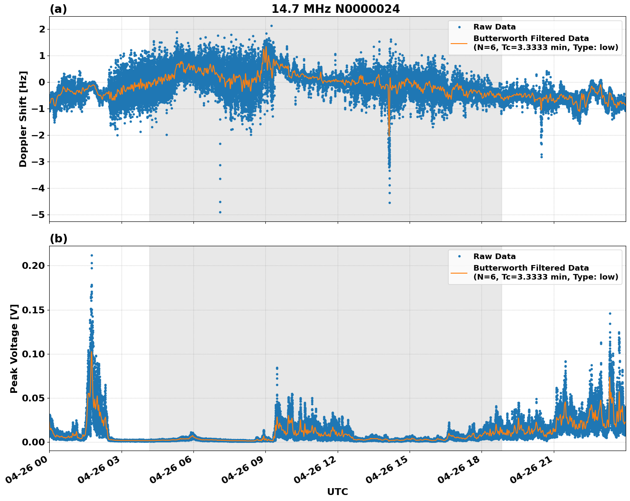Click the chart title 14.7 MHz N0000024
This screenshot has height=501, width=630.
[336, 9]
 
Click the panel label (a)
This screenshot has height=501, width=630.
[58, 9]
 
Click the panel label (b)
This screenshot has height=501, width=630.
[58, 239]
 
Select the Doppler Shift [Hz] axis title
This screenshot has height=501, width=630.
[23, 119]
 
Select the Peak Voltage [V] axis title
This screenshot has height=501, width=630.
[14, 348]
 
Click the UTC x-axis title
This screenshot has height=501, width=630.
[337, 492]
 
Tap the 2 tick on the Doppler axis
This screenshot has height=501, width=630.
[42, 29]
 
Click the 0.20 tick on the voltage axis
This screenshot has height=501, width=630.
[33, 265]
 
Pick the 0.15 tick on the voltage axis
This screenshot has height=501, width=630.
[33, 310]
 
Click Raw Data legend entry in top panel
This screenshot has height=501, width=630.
[494, 27]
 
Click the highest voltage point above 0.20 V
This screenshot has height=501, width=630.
[92, 255]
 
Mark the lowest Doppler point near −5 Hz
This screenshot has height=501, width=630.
[220, 212]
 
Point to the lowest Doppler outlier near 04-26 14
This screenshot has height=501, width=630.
[389, 203]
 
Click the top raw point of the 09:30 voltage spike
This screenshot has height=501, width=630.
[277, 368]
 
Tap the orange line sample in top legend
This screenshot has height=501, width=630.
[459, 43]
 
